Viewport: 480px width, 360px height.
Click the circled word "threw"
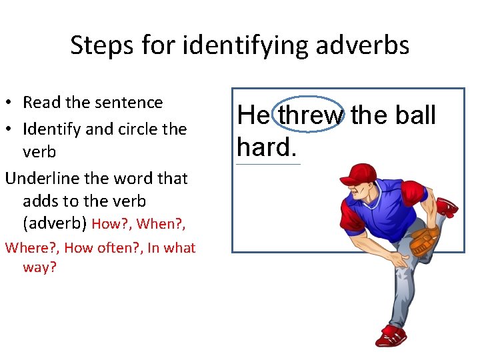(311, 116)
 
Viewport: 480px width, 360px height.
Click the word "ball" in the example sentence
(413, 115)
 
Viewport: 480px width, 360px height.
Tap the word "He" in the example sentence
(253, 116)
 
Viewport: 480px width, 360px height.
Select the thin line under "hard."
(268, 163)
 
